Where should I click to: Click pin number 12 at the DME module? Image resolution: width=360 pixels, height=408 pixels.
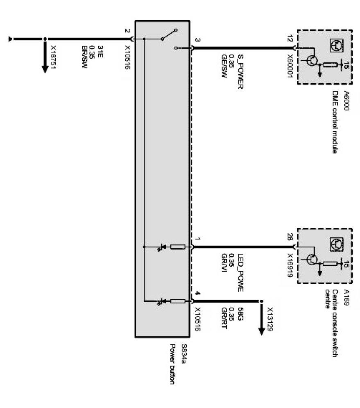pos(290,39)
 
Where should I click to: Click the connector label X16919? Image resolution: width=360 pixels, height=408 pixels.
pos(290,265)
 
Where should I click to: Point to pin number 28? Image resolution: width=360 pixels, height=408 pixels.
pos(290,237)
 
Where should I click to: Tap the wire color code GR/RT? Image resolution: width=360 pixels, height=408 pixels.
pos(224,315)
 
